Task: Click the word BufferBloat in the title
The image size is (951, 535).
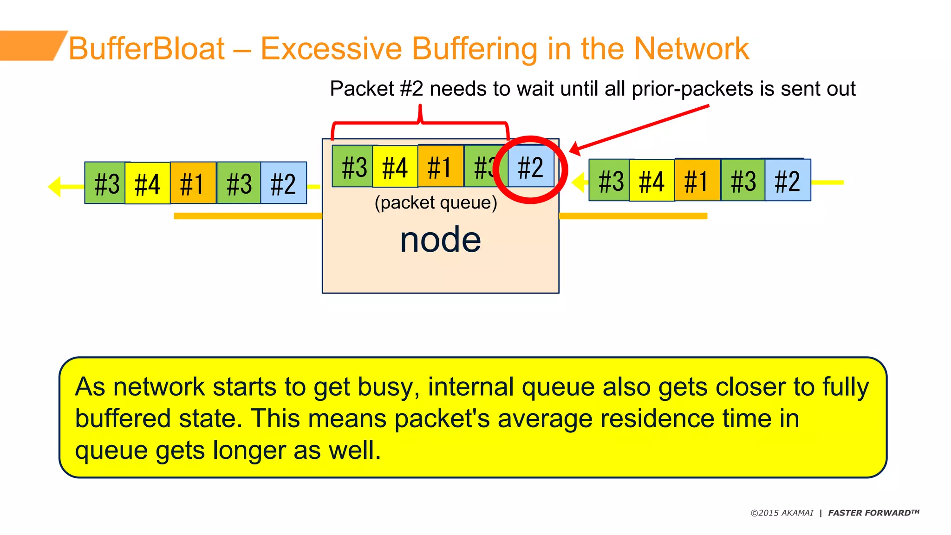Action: (147, 48)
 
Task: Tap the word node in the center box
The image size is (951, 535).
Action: (440, 240)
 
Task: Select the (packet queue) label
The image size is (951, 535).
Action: (436, 202)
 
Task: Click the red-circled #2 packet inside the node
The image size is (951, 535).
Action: (531, 167)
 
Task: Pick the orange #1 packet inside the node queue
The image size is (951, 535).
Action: (440, 166)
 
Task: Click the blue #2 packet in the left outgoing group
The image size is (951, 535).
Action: (283, 183)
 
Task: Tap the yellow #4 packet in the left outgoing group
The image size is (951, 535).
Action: (147, 183)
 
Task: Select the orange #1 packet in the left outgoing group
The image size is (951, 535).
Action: (193, 183)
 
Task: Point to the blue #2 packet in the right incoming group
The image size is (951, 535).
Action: (788, 180)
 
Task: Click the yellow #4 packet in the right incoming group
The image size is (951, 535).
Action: (651, 181)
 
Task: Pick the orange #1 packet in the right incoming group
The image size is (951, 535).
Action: (697, 180)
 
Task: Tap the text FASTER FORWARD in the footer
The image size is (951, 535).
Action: (873, 513)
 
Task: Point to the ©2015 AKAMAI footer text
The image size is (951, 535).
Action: (782, 513)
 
